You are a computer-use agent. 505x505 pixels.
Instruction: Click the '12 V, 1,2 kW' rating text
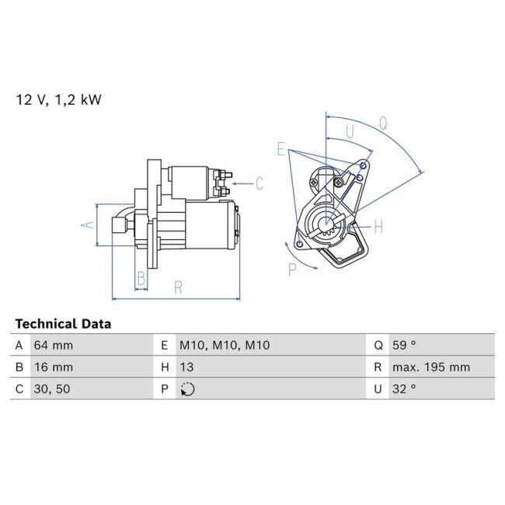click(59, 99)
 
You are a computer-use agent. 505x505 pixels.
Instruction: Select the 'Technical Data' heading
click(63, 324)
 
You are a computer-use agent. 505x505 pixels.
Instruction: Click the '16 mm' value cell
click(53, 367)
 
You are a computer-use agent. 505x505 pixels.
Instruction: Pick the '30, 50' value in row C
click(51, 389)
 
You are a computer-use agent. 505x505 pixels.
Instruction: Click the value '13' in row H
click(186, 367)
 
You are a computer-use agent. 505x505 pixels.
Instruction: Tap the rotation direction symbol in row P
click(186, 389)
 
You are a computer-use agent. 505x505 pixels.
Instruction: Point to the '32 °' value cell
click(405, 389)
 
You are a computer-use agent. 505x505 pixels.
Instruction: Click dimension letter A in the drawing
click(89, 225)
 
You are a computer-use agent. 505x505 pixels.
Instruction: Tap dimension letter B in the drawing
click(141, 278)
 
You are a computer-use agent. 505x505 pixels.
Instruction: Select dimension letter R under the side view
click(178, 287)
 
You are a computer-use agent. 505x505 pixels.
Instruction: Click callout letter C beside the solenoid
click(259, 184)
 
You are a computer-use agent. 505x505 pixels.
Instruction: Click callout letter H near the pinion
click(378, 227)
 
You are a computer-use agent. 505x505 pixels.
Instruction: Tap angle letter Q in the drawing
click(383, 122)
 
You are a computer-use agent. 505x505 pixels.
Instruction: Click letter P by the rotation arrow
click(293, 270)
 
